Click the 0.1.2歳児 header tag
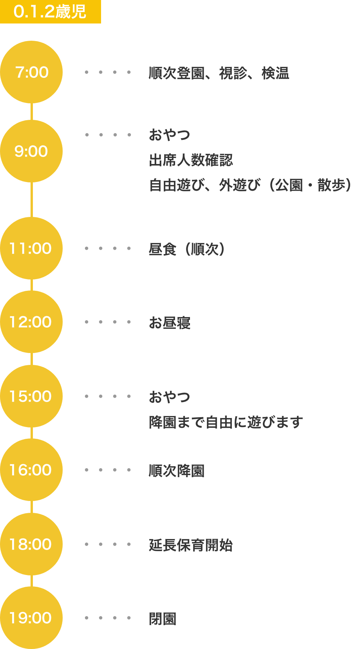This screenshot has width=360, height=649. click(50, 12)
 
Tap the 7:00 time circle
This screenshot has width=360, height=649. click(31, 72)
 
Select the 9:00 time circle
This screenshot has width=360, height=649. click(31, 151)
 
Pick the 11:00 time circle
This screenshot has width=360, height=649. click(31, 248)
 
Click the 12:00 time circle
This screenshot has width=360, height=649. click(31, 322)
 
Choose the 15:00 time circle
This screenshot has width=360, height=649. click(31, 396)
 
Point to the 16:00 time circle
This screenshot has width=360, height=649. click(31, 470)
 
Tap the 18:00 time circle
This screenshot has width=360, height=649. click(31, 544)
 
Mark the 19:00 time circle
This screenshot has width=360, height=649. click(31, 618)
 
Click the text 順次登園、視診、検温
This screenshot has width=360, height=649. click(219, 73)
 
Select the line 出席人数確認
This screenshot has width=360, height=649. click(191, 160)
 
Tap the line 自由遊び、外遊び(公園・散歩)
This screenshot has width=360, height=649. click(250, 185)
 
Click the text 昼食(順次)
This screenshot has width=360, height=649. click(187, 249)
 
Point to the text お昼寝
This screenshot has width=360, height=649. click(169, 323)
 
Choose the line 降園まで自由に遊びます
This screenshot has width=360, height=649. click(226, 422)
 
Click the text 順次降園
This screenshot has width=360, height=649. click(176, 471)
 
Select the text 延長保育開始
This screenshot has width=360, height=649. click(191, 545)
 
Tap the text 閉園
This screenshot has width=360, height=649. click(162, 619)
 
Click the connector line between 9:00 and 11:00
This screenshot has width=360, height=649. click(31, 200)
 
